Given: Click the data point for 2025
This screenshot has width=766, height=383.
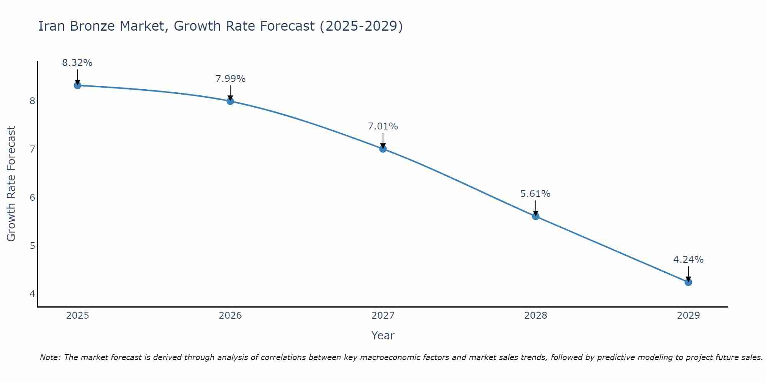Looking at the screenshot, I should [x=77, y=85].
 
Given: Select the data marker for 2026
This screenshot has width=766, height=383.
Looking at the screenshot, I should [x=230, y=101].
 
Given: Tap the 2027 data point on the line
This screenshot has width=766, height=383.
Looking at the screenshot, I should [x=383, y=149].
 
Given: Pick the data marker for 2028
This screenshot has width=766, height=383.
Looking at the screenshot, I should [x=535, y=216].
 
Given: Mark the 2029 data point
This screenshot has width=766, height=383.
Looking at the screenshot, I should [x=688, y=282].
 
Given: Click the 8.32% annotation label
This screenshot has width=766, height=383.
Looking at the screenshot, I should [x=77, y=63].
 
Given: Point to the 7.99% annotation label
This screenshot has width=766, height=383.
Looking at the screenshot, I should [x=230, y=79].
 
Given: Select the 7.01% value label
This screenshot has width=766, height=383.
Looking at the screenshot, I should [x=383, y=126].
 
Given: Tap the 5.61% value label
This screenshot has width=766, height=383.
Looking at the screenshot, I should [x=535, y=194].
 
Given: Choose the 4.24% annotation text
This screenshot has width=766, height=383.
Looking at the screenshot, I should [x=688, y=260].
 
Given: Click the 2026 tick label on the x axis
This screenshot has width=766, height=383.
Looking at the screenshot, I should [x=230, y=316].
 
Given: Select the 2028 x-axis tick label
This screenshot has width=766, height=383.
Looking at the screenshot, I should [x=535, y=316].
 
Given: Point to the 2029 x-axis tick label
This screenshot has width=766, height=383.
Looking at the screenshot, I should [x=688, y=316].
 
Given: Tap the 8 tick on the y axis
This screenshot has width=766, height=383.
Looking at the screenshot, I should [x=32, y=101].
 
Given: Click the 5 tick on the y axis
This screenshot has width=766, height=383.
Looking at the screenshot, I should [x=32, y=246].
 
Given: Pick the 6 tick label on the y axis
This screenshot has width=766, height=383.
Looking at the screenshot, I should [x=32, y=197].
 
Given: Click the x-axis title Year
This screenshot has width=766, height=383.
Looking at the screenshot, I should [x=383, y=336].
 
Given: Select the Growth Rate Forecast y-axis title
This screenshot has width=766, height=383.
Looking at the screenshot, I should [x=11, y=184].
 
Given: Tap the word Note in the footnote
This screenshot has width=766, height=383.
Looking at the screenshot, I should [x=50, y=357].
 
